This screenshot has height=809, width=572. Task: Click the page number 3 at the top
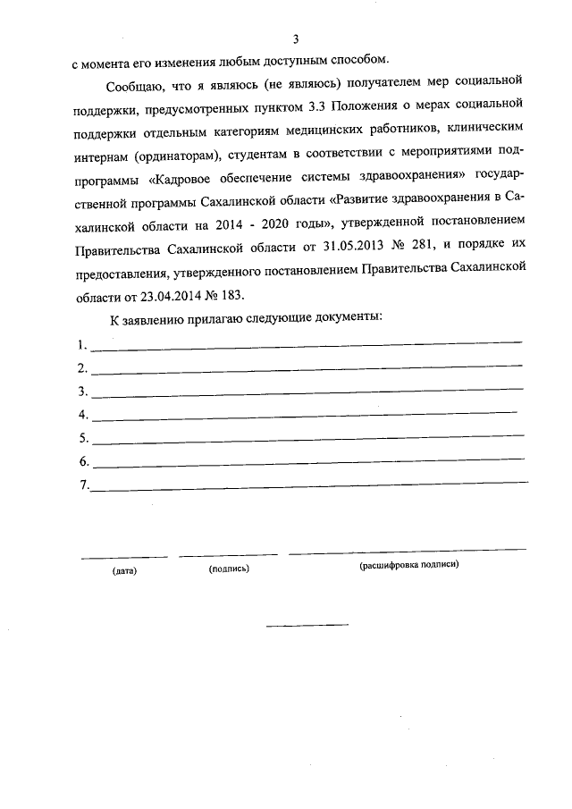click(295, 38)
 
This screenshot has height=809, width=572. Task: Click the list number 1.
click(82, 345)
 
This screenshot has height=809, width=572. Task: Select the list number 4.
click(82, 415)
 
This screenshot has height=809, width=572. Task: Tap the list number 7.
click(83, 485)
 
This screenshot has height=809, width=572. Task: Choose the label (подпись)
click(228, 568)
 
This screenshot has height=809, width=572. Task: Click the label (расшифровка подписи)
click(408, 566)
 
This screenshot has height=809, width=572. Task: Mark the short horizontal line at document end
click(307, 624)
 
